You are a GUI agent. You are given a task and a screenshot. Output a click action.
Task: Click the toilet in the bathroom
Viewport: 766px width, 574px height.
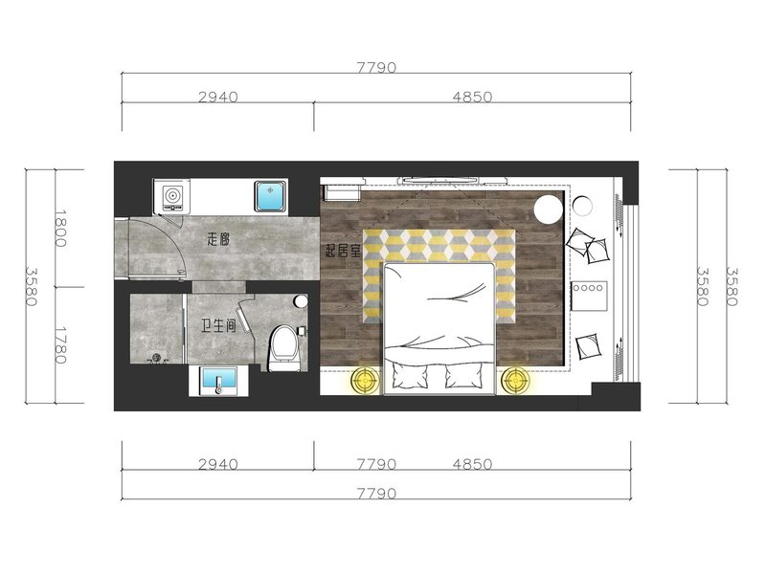click(284, 348)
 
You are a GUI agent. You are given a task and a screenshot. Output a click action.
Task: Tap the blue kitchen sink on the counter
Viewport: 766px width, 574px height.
click(270, 196)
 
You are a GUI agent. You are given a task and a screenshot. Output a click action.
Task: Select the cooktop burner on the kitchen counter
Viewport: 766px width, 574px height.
click(171, 196)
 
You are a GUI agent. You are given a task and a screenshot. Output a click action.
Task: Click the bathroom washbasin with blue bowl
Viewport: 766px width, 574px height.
click(219, 382)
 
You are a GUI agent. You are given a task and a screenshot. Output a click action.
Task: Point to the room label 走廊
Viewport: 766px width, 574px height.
click(218, 240)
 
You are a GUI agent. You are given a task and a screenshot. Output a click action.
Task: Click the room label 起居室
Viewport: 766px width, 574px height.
click(343, 251)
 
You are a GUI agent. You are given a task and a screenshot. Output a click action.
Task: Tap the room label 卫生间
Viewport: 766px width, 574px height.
click(218, 325)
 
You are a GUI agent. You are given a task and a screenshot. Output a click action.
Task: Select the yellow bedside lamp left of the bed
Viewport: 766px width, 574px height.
click(366, 379)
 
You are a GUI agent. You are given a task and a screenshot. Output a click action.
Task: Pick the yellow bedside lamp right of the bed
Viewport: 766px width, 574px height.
click(515, 379)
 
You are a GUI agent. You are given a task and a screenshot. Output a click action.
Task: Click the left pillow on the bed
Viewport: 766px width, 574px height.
click(410, 377)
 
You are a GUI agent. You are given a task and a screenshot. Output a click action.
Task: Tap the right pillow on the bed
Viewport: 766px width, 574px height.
click(464, 377)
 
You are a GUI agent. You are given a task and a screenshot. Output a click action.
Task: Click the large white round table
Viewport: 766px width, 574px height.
click(549, 209)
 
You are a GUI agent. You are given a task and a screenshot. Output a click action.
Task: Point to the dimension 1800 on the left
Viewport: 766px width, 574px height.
click(60, 229)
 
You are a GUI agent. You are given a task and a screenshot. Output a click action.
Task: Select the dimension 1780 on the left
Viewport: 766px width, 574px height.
click(60, 345)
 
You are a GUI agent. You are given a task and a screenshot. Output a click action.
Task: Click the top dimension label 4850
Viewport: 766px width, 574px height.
click(472, 97)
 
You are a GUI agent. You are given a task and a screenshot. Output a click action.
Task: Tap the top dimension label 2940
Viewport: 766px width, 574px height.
click(218, 97)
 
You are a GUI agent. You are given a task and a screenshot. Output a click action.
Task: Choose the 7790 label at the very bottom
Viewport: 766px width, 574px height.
click(376, 494)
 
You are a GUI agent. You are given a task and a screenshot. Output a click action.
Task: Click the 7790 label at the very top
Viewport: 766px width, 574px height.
click(376, 67)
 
